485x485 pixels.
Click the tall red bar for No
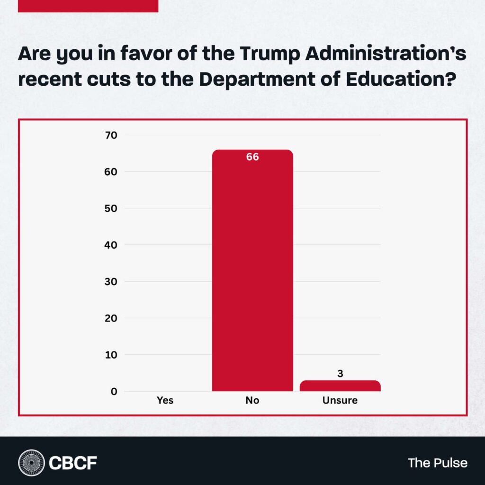click(x=252, y=275)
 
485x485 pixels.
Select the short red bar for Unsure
click(x=340, y=386)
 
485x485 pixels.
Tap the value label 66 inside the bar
click(x=252, y=157)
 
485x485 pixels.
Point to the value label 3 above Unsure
click(x=340, y=374)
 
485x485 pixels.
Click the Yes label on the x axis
click(x=165, y=401)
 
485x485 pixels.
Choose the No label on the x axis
click(x=252, y=401)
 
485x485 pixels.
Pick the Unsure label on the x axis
click(x=340, y=401)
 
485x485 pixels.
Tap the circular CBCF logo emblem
click(x=31, y=462)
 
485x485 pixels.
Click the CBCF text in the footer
click(x=73, y=462)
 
